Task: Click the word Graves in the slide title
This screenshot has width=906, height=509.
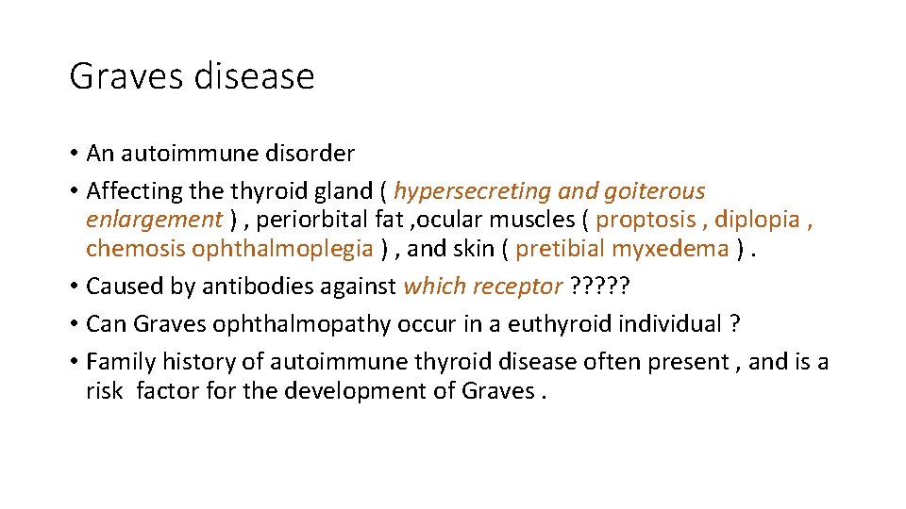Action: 126,76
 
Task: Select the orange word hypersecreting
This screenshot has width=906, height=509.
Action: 472,191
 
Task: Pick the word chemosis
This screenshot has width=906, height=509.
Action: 135,249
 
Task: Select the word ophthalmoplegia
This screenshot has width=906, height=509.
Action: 282,249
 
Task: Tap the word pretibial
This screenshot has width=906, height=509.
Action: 561,249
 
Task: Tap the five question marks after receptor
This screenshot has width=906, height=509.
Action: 600,287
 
